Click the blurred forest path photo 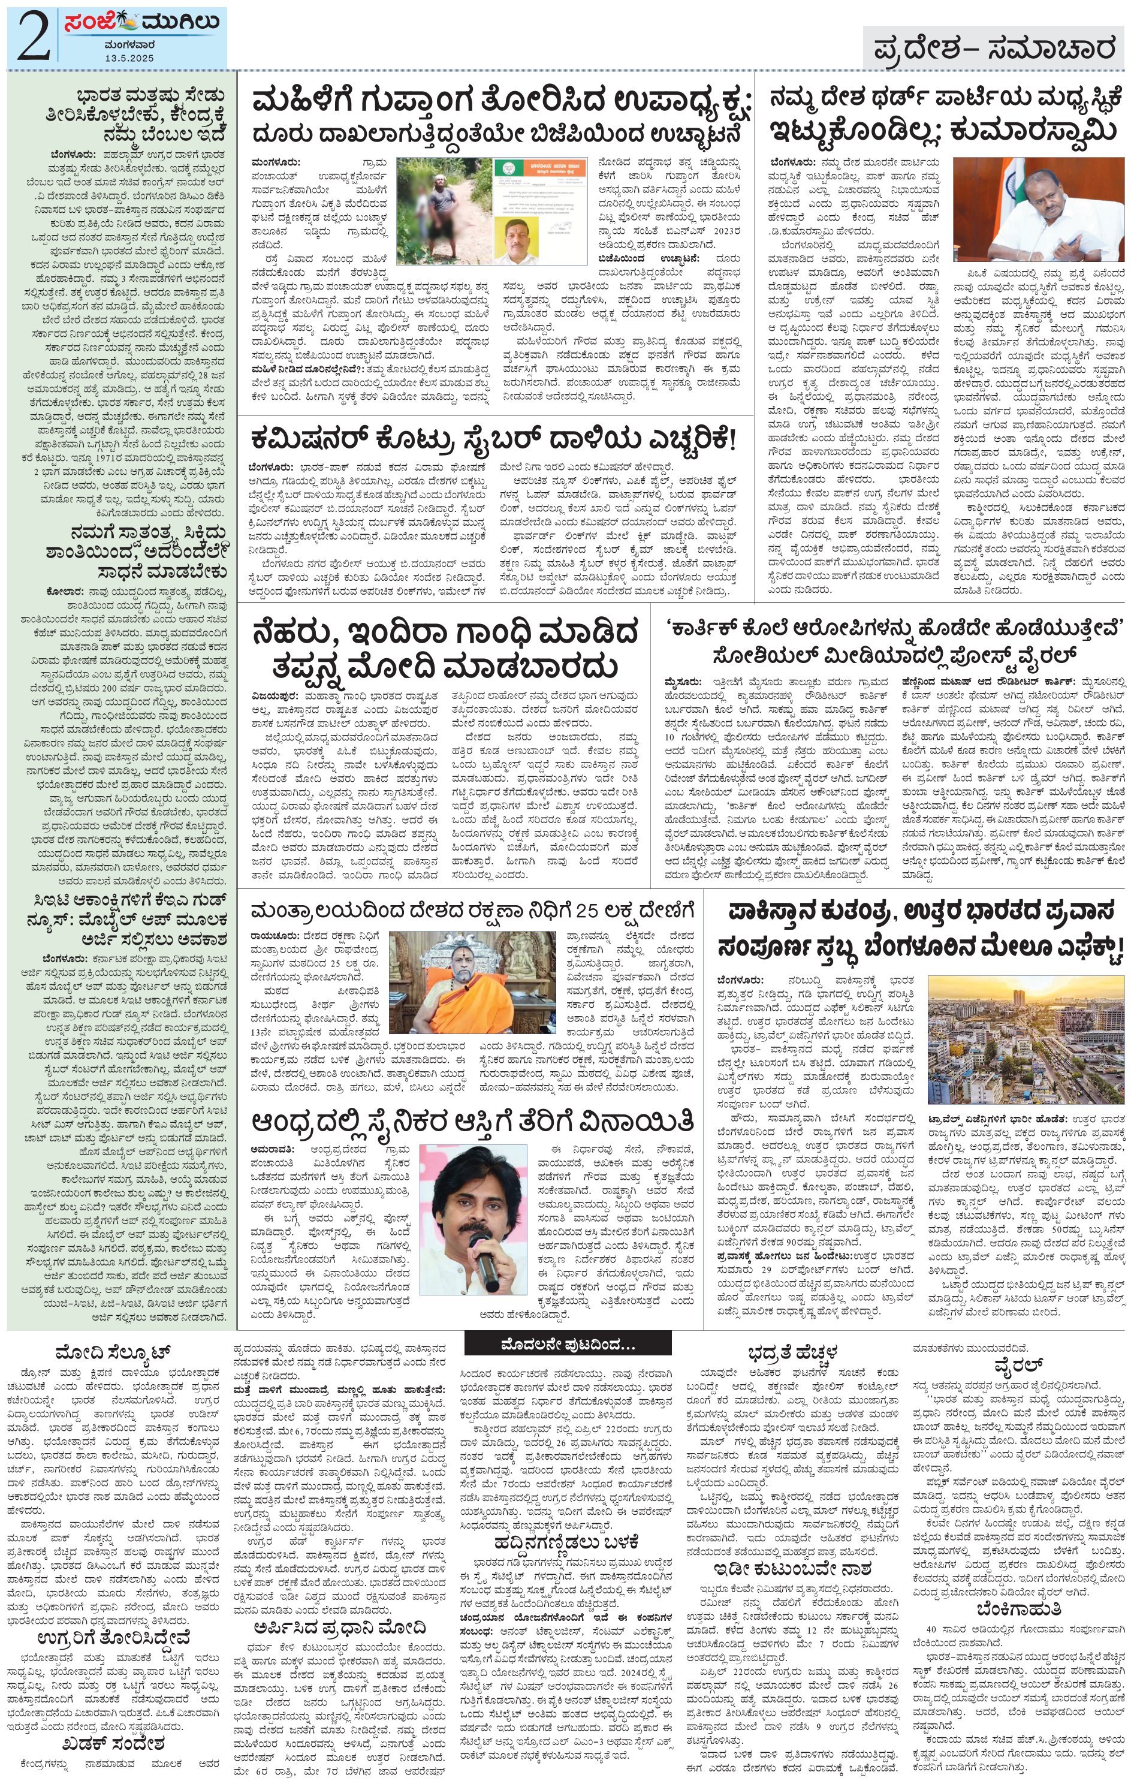442,211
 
